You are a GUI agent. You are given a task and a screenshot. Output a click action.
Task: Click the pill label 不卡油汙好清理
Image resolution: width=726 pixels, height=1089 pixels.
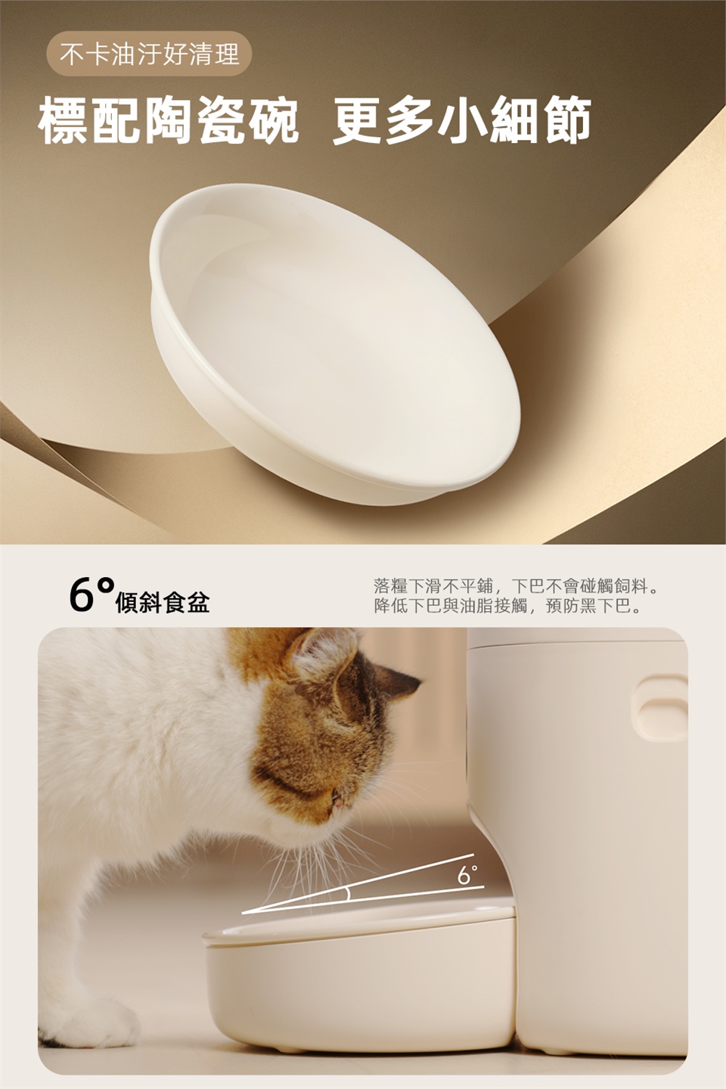[149, 54]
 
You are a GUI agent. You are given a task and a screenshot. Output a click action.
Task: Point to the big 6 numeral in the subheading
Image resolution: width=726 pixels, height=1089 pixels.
[81, 595]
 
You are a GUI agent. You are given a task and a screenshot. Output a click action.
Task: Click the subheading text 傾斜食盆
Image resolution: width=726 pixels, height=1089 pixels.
[163, 603]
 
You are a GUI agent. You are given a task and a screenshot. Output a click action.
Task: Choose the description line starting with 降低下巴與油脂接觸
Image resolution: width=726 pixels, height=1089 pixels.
[507, 607]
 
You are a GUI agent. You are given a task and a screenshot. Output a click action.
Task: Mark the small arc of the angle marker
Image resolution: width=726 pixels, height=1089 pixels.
[347, 894]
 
